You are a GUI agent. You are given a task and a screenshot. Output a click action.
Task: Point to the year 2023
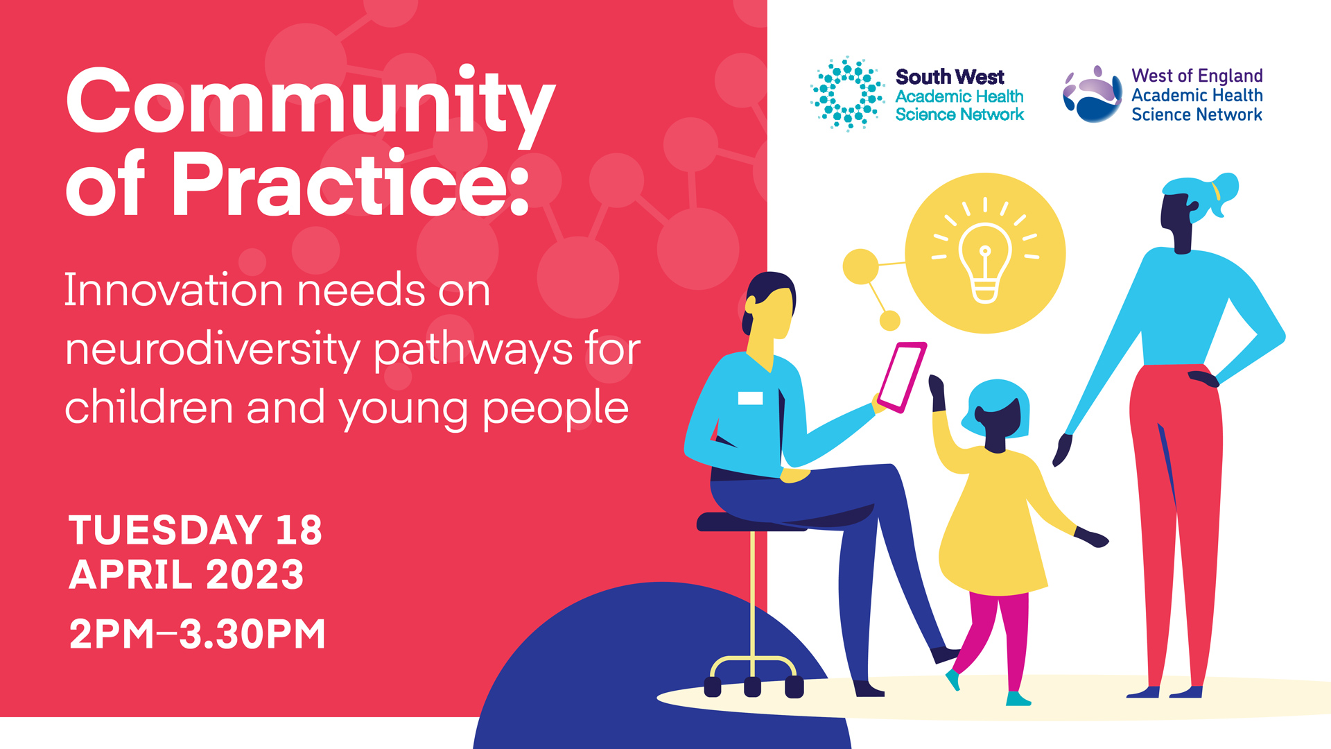[255, 575]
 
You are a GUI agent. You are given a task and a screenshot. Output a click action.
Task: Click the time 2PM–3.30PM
[198, 634]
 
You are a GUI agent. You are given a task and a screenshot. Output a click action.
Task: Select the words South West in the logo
[950, 77]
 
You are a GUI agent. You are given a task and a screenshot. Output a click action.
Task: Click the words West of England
[1197, 76]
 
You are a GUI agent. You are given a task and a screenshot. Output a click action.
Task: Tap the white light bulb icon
[985, 254]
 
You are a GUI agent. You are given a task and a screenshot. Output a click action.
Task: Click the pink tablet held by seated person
[902, 377]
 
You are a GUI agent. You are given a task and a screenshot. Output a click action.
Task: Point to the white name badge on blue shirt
[750, 398]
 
